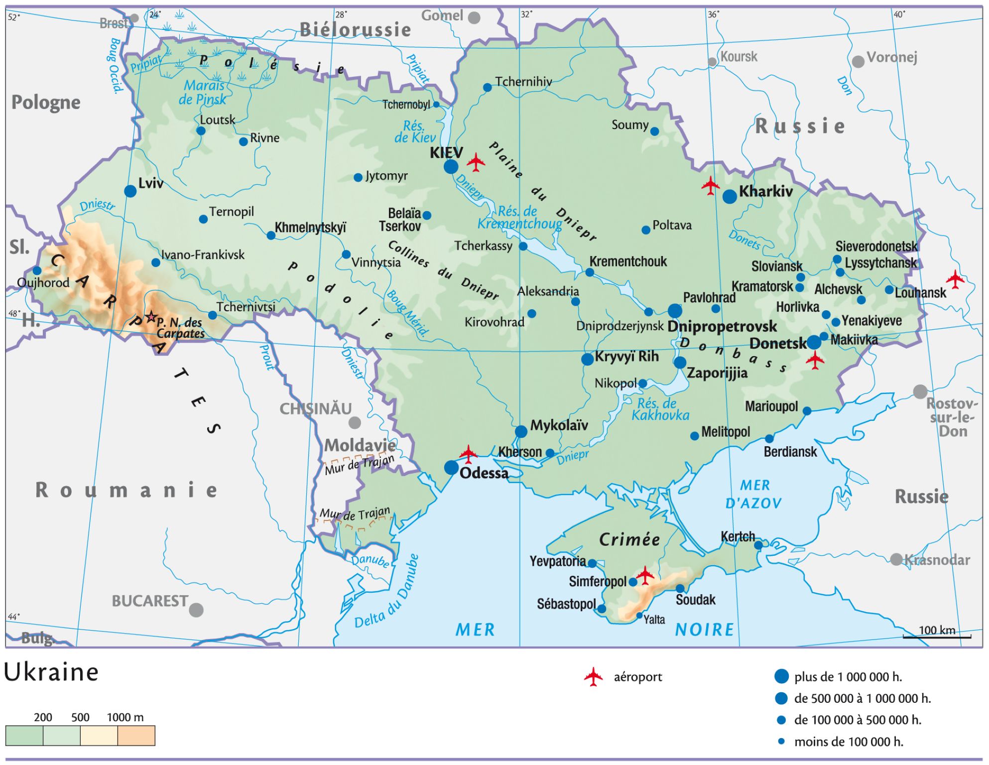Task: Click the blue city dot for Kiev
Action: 451,166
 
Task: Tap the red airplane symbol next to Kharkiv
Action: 711,186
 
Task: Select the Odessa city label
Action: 484,473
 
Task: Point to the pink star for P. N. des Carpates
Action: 150,317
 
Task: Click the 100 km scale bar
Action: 937,636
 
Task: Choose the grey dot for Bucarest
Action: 196,610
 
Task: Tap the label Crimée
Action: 629,539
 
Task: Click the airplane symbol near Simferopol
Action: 645,576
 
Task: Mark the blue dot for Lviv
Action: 130,191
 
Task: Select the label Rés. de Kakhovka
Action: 660,409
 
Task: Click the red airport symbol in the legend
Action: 593,677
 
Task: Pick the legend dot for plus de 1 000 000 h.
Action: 781,676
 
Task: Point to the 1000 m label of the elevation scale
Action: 125,717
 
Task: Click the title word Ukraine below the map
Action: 51,672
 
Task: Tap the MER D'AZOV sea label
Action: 754,494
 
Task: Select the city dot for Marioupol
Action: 807,411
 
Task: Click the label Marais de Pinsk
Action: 203,93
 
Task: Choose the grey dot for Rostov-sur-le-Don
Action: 920,391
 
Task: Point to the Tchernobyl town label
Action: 406,105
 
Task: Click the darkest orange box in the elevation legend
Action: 136,736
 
